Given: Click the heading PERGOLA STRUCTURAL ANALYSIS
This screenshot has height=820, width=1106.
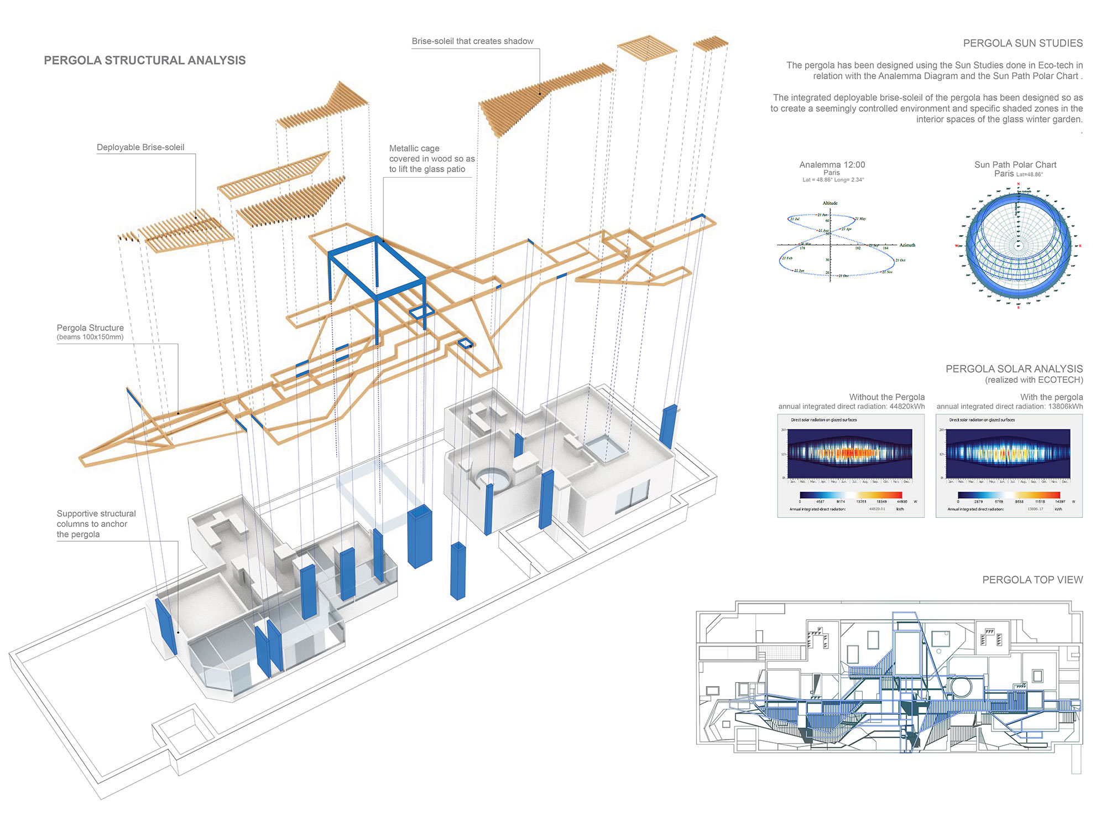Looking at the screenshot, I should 144,60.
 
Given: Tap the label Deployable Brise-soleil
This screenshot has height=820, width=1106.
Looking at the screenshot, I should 140,147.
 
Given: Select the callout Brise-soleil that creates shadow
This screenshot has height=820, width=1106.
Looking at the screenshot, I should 472,41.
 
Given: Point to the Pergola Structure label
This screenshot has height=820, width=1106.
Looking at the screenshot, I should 90,328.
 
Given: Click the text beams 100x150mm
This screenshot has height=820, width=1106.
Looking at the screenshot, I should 90,337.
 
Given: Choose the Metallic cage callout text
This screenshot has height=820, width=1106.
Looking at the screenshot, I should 431,159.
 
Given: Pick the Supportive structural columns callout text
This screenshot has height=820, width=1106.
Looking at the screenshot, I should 96,523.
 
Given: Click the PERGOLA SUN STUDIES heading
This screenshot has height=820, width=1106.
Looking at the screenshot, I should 1022,43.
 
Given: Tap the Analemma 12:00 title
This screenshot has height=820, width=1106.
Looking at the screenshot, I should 832,164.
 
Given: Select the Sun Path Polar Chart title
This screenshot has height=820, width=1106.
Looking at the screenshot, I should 1015,164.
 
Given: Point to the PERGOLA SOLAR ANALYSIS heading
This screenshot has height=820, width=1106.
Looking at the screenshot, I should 1014,369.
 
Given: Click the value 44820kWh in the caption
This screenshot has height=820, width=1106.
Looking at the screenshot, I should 907,407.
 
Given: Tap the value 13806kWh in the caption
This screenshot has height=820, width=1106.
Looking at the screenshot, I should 1065,407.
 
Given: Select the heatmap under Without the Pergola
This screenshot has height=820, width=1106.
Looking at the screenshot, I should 850,453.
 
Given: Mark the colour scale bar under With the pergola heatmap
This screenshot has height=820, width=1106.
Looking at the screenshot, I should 1009,495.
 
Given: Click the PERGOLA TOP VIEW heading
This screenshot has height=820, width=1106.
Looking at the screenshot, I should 1032,580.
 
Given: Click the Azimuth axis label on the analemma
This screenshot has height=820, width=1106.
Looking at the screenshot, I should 907,245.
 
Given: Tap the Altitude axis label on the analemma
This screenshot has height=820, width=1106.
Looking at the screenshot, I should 830,203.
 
